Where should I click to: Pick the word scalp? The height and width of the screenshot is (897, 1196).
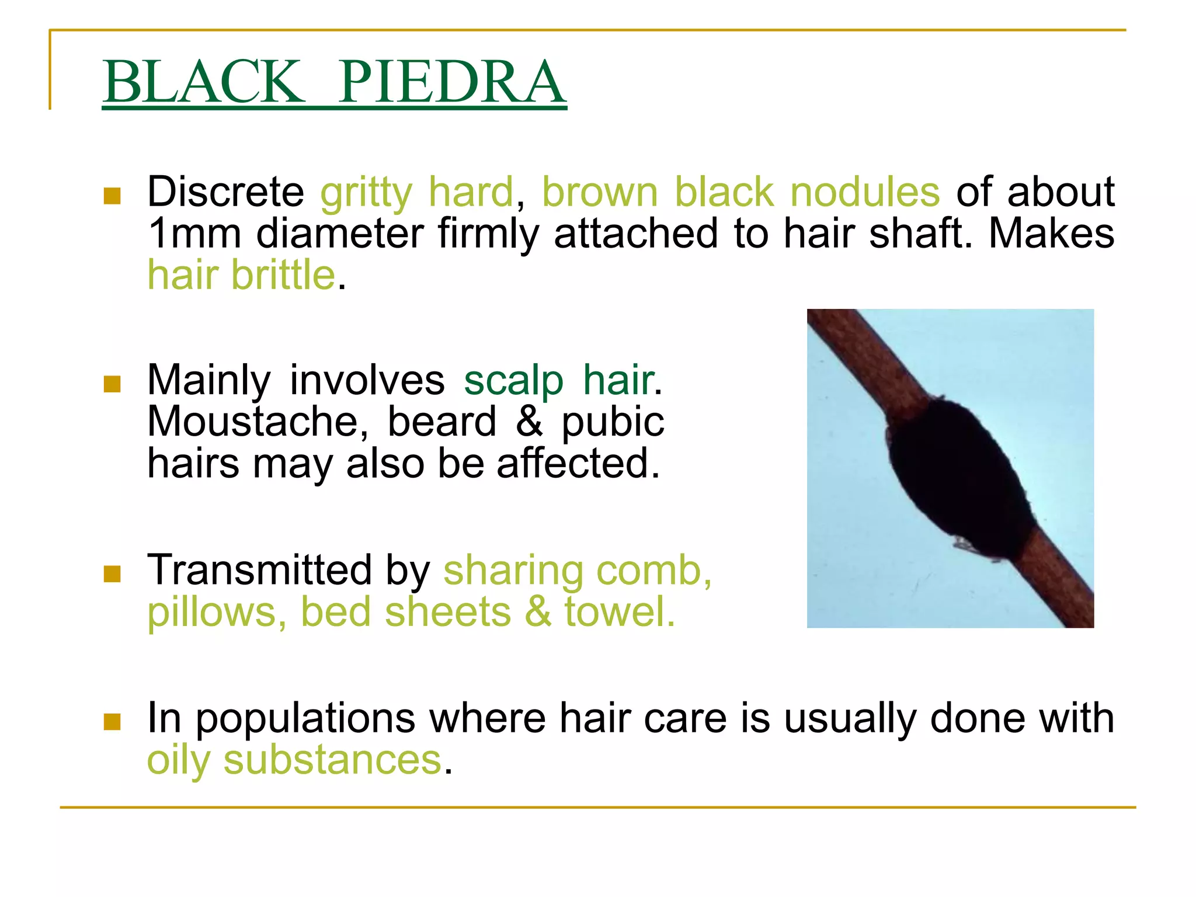(x=513, y=380)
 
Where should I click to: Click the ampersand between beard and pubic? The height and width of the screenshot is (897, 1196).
(x=529, y=422)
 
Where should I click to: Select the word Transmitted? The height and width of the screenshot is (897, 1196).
(x=259, y=570)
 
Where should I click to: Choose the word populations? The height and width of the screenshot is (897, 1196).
(x=305, y=719)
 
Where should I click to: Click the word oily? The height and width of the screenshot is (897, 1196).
(x=179, y=761)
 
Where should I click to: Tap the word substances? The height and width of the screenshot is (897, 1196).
(x=332, y=760)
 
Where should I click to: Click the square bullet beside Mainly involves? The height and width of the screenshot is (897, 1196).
(x=112, y=384)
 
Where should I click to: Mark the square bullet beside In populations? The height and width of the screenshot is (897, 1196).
(x=112, y=722)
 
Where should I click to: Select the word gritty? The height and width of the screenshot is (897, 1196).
(x=366, y=193)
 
